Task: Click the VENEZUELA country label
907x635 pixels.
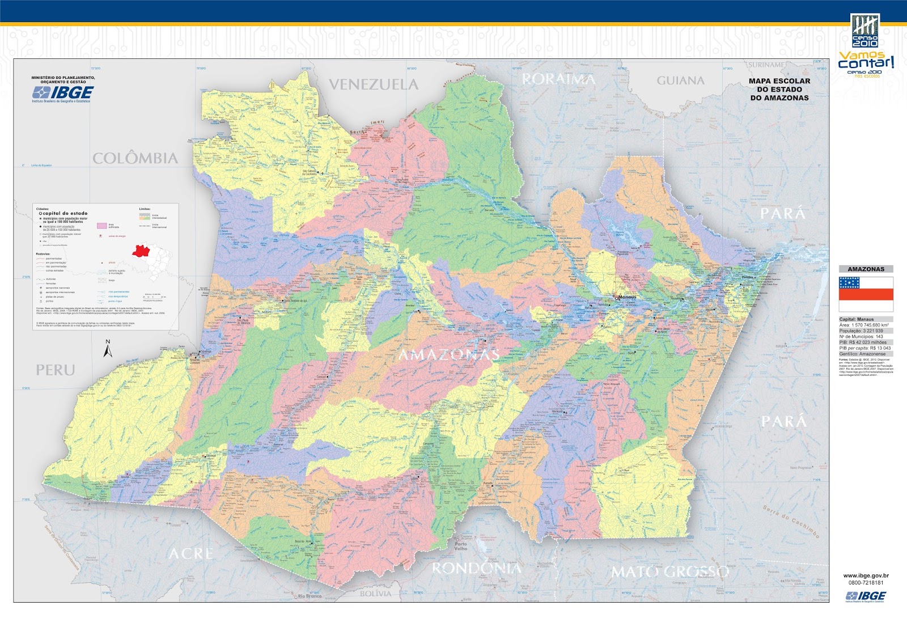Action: click(374, 84)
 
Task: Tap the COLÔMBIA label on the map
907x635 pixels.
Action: click(135, 158)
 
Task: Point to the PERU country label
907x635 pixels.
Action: click(56, 370)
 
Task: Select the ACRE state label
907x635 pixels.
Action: click(190, 553)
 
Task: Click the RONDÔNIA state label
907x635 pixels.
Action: click(476, 568)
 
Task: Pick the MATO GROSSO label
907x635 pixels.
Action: click(669, 571)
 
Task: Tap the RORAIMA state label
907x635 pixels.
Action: click(558, 79)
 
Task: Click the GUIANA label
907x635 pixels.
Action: click(680, 81)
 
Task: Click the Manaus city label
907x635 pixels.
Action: click(627, 297)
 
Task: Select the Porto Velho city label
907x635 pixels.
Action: click(460, 547)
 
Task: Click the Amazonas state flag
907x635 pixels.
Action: click(866, 294)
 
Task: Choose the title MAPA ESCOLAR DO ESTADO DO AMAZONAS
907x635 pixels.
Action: click(779, 90)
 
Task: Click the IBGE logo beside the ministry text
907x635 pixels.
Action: click(63, 93)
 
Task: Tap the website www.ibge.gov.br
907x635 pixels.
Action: click(866, 575)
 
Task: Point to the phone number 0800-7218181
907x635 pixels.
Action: click(866, 582)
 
